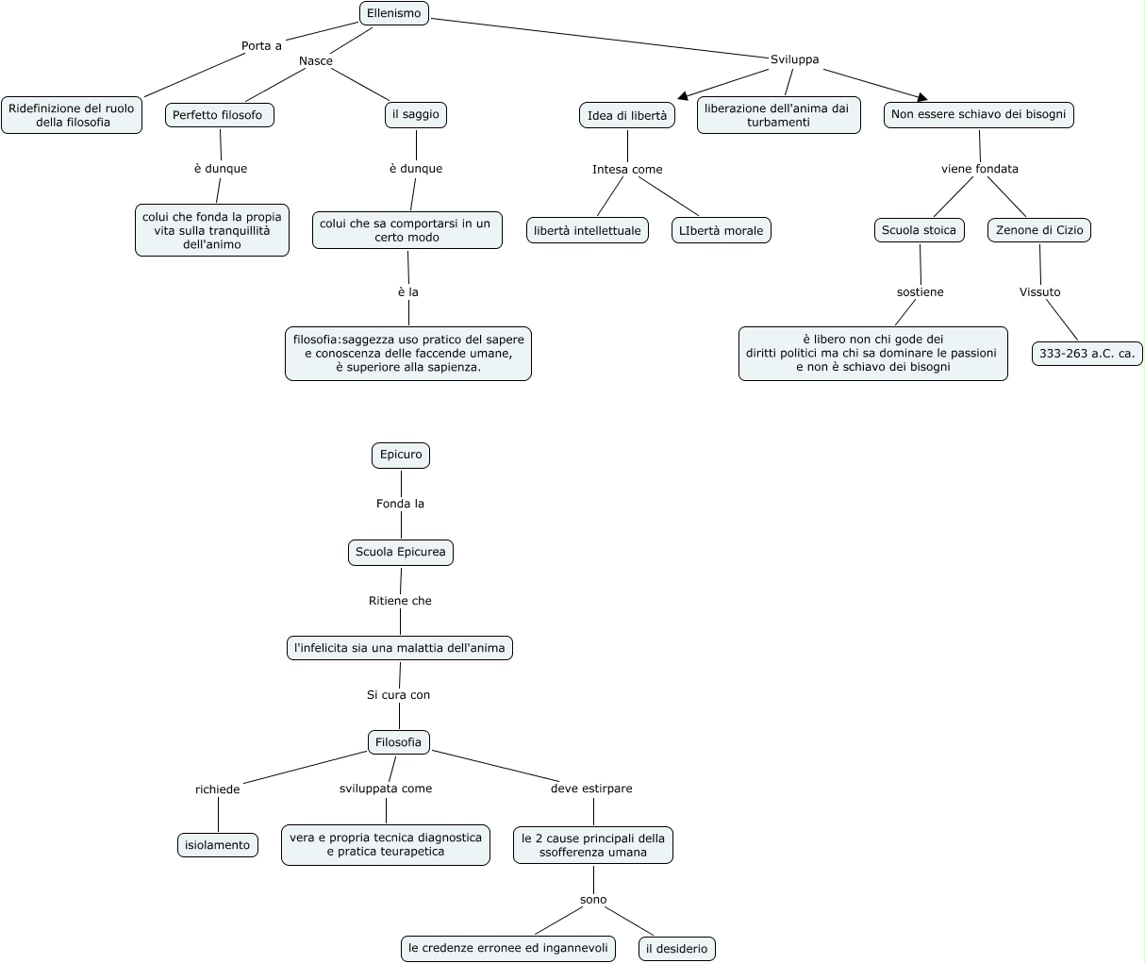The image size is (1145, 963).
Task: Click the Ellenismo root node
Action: (x=394, y=13)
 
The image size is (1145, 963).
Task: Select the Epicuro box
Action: (x=401, y=455)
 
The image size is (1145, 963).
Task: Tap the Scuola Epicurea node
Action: (x=401, y=552)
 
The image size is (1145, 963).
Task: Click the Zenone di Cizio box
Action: (x=1039, y=229)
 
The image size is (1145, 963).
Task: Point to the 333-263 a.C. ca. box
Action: (x=1087, y=354)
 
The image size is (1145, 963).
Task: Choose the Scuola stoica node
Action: (x=919, y=229)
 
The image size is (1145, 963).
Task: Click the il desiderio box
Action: (x=676, y=949)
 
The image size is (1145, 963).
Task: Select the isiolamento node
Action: (x=218, y=845)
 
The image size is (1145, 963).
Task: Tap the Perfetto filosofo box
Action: (x=220, y=115)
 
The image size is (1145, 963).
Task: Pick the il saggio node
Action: (x=416, y=114)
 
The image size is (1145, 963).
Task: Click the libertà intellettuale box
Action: (x=587, y=230)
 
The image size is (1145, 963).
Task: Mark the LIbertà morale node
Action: (x=722, y=230)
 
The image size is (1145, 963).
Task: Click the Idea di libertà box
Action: (x=626, y=115)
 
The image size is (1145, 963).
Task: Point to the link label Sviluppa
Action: (x=794, y=59)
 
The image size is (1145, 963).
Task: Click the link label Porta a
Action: (x=261, y=45)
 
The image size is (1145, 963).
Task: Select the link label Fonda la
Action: (x=400, y=504)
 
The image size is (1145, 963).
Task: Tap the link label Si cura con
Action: (x=398, y=695)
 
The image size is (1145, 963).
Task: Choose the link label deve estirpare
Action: (x=591, y=789)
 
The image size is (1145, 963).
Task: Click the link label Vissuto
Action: (x=1039, y=292)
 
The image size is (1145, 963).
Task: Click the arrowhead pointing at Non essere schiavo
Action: (x=922, y=95)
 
